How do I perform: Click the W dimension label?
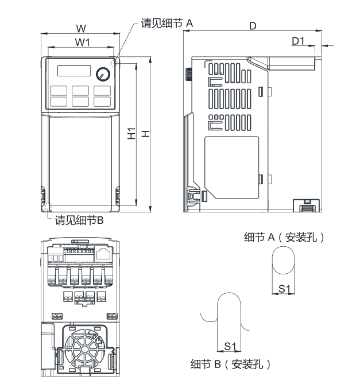tap(81, 28)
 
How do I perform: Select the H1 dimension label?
tap(131, 134)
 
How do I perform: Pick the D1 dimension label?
tap(298, 41)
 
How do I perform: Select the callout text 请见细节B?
tap(79, 220)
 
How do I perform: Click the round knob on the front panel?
tap(103, 73)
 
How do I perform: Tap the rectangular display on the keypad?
tap(73, 71)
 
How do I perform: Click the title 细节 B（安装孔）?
tap(230, 364)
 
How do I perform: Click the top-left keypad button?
tap(58, 91)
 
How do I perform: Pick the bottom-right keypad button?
tap(102, 102)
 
